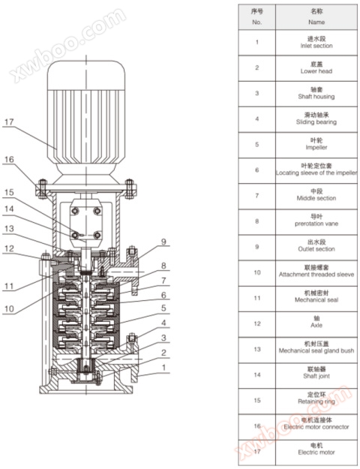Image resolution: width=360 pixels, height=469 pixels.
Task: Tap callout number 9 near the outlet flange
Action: click(x=163, y=242)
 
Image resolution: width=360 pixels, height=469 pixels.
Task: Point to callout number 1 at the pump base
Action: click(x=163, y=368)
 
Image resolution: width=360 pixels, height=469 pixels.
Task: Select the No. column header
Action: click(x=256, y=17)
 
